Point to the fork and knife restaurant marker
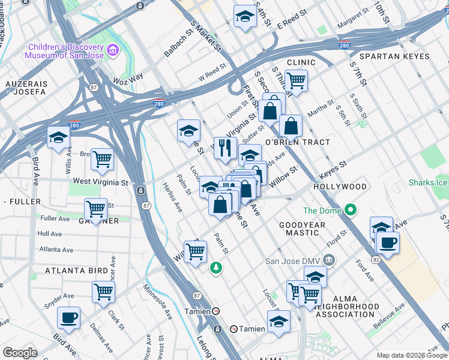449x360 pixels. click(x=225, y=147)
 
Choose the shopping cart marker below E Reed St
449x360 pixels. click(x=295, y=79)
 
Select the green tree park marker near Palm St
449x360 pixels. click(x=215, y=268)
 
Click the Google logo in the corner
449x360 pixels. click(x=20, y=353)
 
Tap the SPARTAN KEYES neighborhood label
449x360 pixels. click(x=394, y=56)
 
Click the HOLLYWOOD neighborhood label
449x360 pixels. click(x=340, y=187)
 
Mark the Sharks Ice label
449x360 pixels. click(x=428, y=182)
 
